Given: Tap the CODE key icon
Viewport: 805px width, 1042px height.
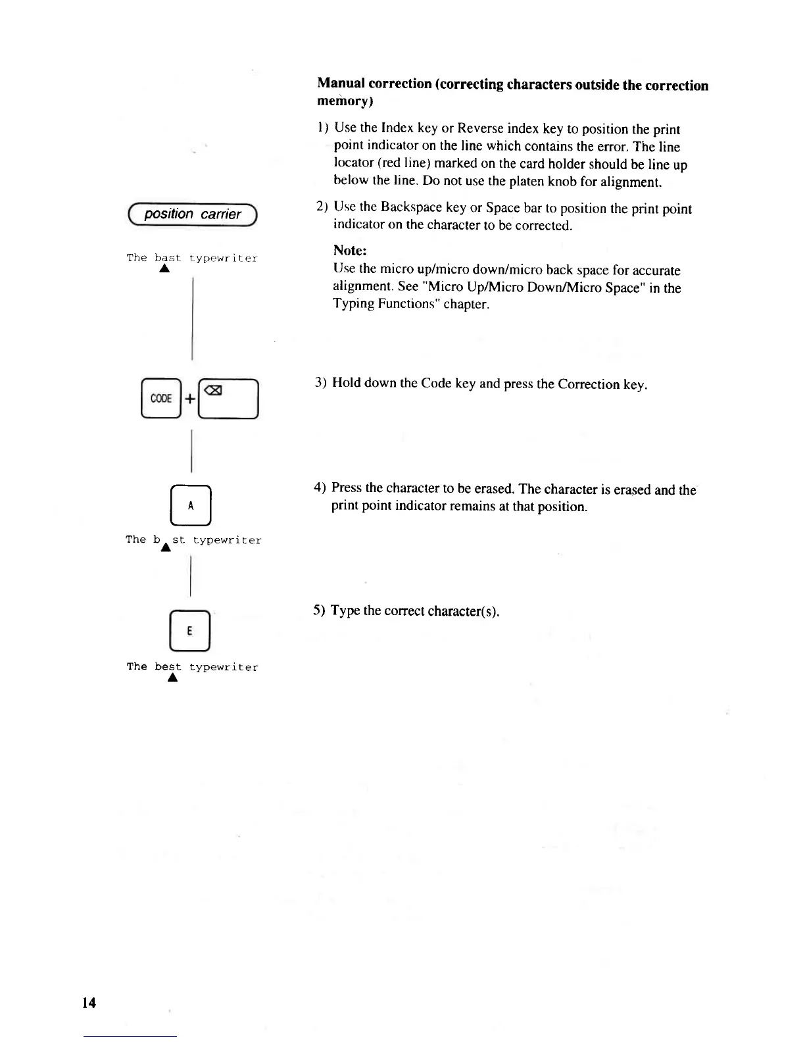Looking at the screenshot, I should click(x=160, y=399).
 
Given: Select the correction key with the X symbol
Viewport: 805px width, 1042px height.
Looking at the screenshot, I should click(x=228, y=399).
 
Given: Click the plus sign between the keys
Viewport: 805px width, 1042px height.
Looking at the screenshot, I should click(x=189, y=399).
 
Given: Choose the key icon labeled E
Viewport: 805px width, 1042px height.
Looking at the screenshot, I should click(x=189, y=630).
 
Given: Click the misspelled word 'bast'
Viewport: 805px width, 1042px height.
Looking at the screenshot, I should click(x=167, y=258).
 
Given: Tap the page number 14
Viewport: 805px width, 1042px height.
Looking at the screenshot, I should click(x=89, y=1002).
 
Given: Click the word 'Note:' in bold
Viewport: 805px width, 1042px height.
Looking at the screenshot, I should click(x=350, y=251).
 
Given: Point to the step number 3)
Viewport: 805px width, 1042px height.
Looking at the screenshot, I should click(x=320, y=383).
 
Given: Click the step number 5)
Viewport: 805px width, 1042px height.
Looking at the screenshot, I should click(x=319, y=610).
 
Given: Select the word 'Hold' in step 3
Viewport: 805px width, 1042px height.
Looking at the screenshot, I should click(x=347, y=383).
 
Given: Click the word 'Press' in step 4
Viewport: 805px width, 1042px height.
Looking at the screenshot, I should click(x=347, y=487).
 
